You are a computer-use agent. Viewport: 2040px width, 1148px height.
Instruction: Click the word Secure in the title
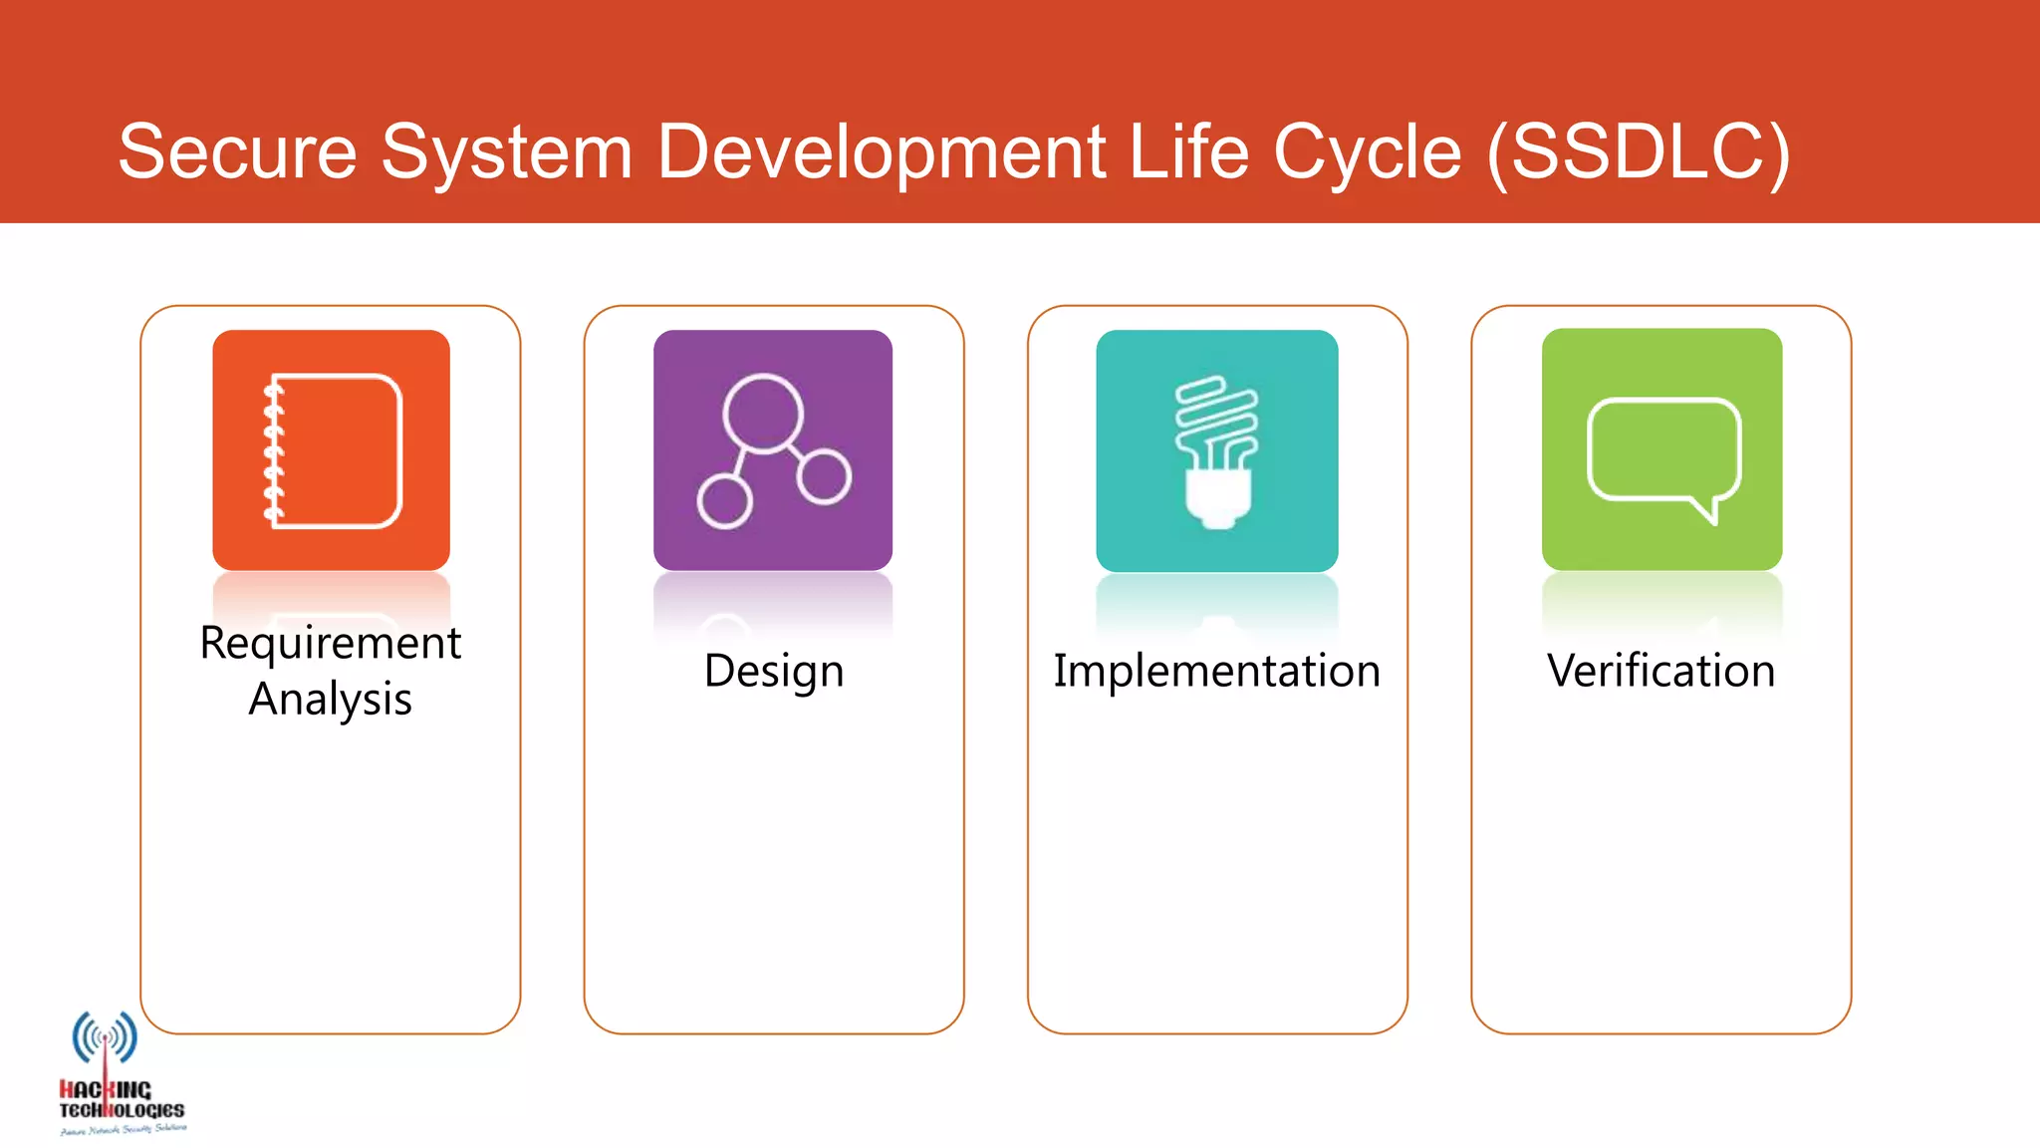237,151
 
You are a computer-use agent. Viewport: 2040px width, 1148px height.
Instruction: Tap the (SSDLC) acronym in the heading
1638,151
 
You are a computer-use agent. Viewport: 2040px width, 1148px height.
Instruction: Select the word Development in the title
881,151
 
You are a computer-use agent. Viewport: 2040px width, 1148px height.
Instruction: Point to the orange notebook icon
331,450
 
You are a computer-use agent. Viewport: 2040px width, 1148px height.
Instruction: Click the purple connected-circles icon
773,450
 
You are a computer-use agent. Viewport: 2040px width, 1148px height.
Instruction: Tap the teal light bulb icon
1216,450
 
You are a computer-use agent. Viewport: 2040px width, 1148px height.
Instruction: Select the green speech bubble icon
1661,449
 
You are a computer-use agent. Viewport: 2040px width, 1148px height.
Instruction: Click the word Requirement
330,643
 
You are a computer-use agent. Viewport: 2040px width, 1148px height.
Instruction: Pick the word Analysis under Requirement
330,699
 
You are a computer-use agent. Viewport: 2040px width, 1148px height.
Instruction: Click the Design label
773,671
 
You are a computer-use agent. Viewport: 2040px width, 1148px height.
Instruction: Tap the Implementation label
1216,671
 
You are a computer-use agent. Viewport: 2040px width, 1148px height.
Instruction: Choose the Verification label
1660,671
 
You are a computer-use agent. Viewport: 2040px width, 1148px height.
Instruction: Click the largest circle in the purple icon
763,413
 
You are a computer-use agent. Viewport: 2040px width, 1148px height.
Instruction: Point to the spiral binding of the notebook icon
273,450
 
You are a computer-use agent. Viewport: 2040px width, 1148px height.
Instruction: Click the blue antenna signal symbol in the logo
105,1037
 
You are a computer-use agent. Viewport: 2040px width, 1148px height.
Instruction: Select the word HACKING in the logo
106,1090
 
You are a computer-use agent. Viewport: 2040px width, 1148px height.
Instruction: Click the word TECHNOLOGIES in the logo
122,1110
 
